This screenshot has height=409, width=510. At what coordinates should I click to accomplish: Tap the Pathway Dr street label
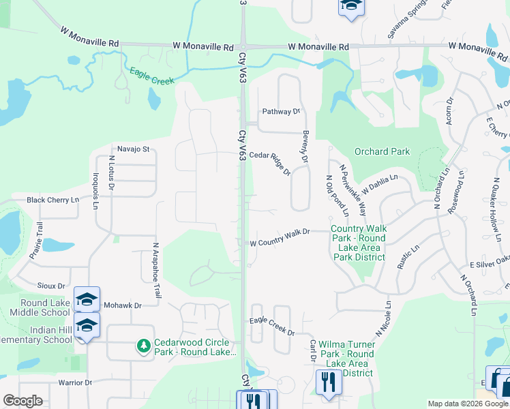(282, 111)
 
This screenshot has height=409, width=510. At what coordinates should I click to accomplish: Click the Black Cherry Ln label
(53, 200)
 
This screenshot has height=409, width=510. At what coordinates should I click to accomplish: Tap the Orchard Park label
(382, 151)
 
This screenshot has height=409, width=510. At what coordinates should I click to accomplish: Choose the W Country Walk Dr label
(280, 232)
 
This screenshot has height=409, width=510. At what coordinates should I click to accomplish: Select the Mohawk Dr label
(123, 306)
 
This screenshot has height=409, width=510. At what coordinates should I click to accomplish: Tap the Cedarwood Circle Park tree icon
(144, 346)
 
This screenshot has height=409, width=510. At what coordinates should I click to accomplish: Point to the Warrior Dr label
(75, 382)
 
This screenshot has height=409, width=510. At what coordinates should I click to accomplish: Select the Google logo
(22, 401)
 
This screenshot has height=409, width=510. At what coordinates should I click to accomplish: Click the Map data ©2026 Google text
(468, 404)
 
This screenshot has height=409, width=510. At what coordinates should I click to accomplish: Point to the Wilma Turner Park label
(348, 354)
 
